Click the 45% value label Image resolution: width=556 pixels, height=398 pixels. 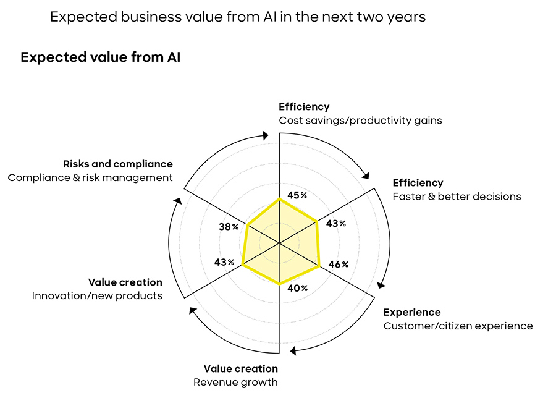(x=297, y=195)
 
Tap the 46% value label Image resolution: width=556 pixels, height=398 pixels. (x=339, y=265)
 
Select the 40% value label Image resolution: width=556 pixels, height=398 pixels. (x=298, y=288)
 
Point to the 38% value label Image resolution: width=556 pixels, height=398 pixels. (x=229, y=227)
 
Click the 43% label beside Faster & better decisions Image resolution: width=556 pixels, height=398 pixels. (x=336, y=224)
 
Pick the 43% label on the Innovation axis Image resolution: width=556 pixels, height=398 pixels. (x=224, y=262)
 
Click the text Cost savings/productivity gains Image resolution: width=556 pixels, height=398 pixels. (x=360, y=121)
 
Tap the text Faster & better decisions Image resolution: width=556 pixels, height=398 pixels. (x=457, y=197)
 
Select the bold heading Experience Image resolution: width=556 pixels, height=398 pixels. (x=411, y=312)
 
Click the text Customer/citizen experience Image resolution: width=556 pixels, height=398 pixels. (x=458, y=326)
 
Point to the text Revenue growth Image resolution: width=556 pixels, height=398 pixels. (x=235, y=382)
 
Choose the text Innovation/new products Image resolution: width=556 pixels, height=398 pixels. (x=97, y=295)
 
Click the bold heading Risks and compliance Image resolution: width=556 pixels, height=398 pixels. (x=117, y=164)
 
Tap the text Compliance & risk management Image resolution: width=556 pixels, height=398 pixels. (x=90, y=177)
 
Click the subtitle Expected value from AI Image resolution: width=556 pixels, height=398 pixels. (x=100, y=57)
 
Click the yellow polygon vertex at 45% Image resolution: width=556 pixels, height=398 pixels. (x=280, y=199)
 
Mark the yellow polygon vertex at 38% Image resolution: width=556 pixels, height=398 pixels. (x=247, y=226)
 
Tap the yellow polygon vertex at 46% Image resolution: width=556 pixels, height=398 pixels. (x=319, y=266)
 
